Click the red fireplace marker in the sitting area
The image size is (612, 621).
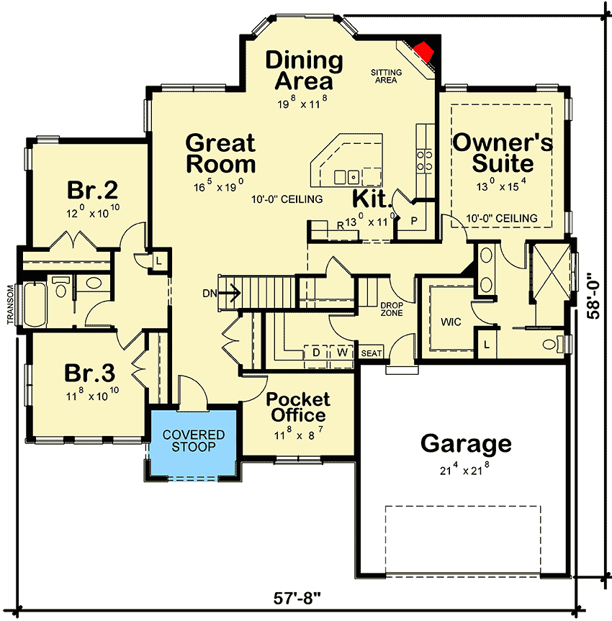click(x=423, y=50)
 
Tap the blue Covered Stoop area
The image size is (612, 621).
click(x=193, y=441)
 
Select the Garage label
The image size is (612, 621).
click(x=466, y=443)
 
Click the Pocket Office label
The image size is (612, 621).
click(x=298, y=407)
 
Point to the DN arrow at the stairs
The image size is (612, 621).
click(x=230, y=293)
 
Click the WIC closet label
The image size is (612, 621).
click(x=452, y=321)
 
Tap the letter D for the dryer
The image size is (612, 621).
click(x=315, y=353)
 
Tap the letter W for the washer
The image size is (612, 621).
click(x=342, y=353)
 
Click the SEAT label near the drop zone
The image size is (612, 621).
click(x=372, y=353)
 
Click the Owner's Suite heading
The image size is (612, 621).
click(x=503, y=153)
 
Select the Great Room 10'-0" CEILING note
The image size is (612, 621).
click(x=287, y=199)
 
